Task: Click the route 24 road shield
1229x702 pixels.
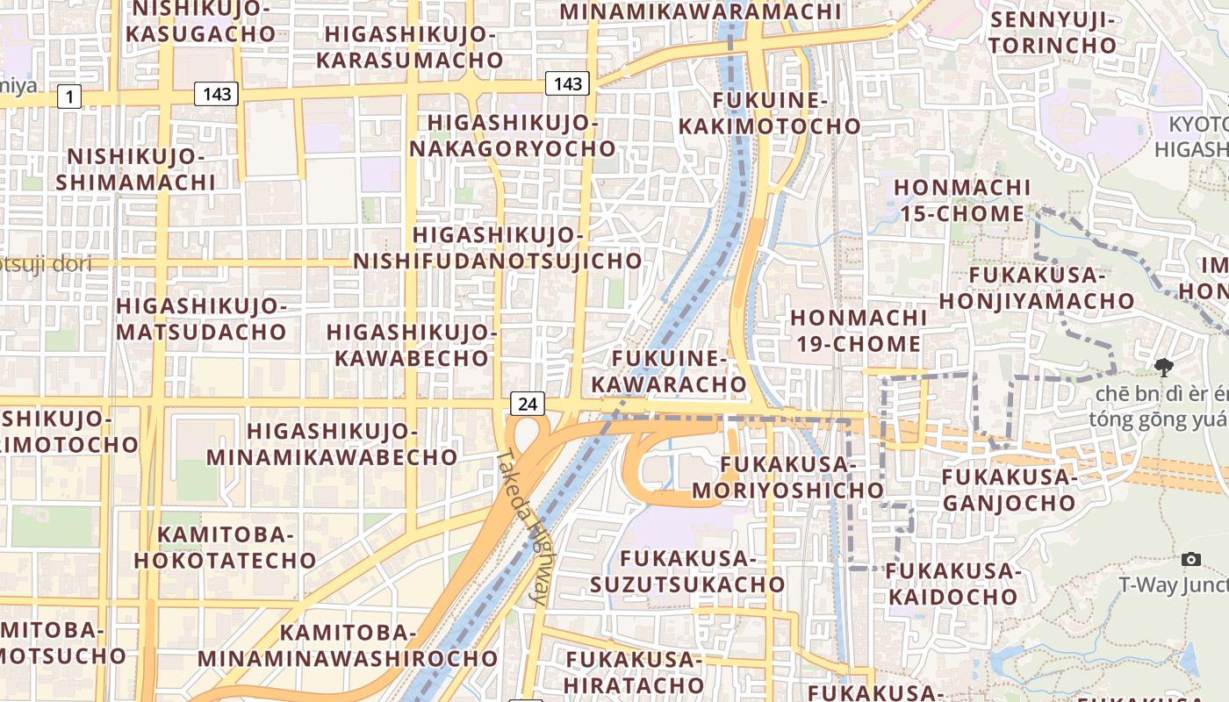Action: [x=527, y=404]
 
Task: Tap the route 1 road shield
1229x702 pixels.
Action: [x=69, y=97]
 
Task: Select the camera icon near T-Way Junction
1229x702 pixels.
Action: [x=1191, y=559]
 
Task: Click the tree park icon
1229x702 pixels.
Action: [x=1164, y=367]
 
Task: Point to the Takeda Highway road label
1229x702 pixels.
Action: [x=523, y=526]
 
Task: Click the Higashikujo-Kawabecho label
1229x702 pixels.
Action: [x=412, y=345]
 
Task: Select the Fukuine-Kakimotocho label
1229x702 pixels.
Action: [x=770, y=113]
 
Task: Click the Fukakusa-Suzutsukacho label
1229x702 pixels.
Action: [x=687, y=570]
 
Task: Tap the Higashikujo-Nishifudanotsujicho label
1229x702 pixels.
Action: [x=498, y=248]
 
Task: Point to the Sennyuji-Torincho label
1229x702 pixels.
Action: [x=1053, y=32]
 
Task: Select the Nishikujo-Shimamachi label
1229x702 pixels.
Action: [x=135, y=169]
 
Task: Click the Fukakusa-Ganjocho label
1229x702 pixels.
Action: [x=1009, y=490]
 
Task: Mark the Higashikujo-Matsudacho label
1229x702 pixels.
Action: [x=201, y=319]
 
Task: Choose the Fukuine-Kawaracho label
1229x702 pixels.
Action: [x=669, y=371]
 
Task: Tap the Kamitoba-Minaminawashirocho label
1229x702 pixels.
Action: [x=348, y=645]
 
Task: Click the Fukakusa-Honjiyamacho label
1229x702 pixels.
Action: [x=1037, y=288]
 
